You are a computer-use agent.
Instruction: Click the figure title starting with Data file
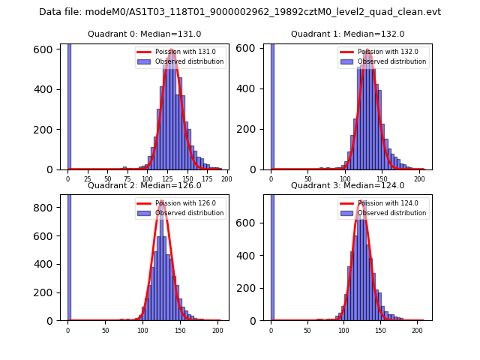pos(240,12)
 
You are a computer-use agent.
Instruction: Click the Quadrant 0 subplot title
pos(144,34)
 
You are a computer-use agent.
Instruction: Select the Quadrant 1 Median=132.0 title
pos(347,34)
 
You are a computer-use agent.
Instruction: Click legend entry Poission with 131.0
pos(180,52)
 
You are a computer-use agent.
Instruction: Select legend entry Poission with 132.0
pos(383,52)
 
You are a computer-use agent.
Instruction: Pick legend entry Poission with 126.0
pos(180,203)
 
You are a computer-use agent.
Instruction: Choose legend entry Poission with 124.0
pos(383,203)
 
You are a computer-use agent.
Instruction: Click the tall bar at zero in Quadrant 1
pos(271,105)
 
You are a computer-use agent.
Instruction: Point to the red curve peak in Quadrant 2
pos(161,201)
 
